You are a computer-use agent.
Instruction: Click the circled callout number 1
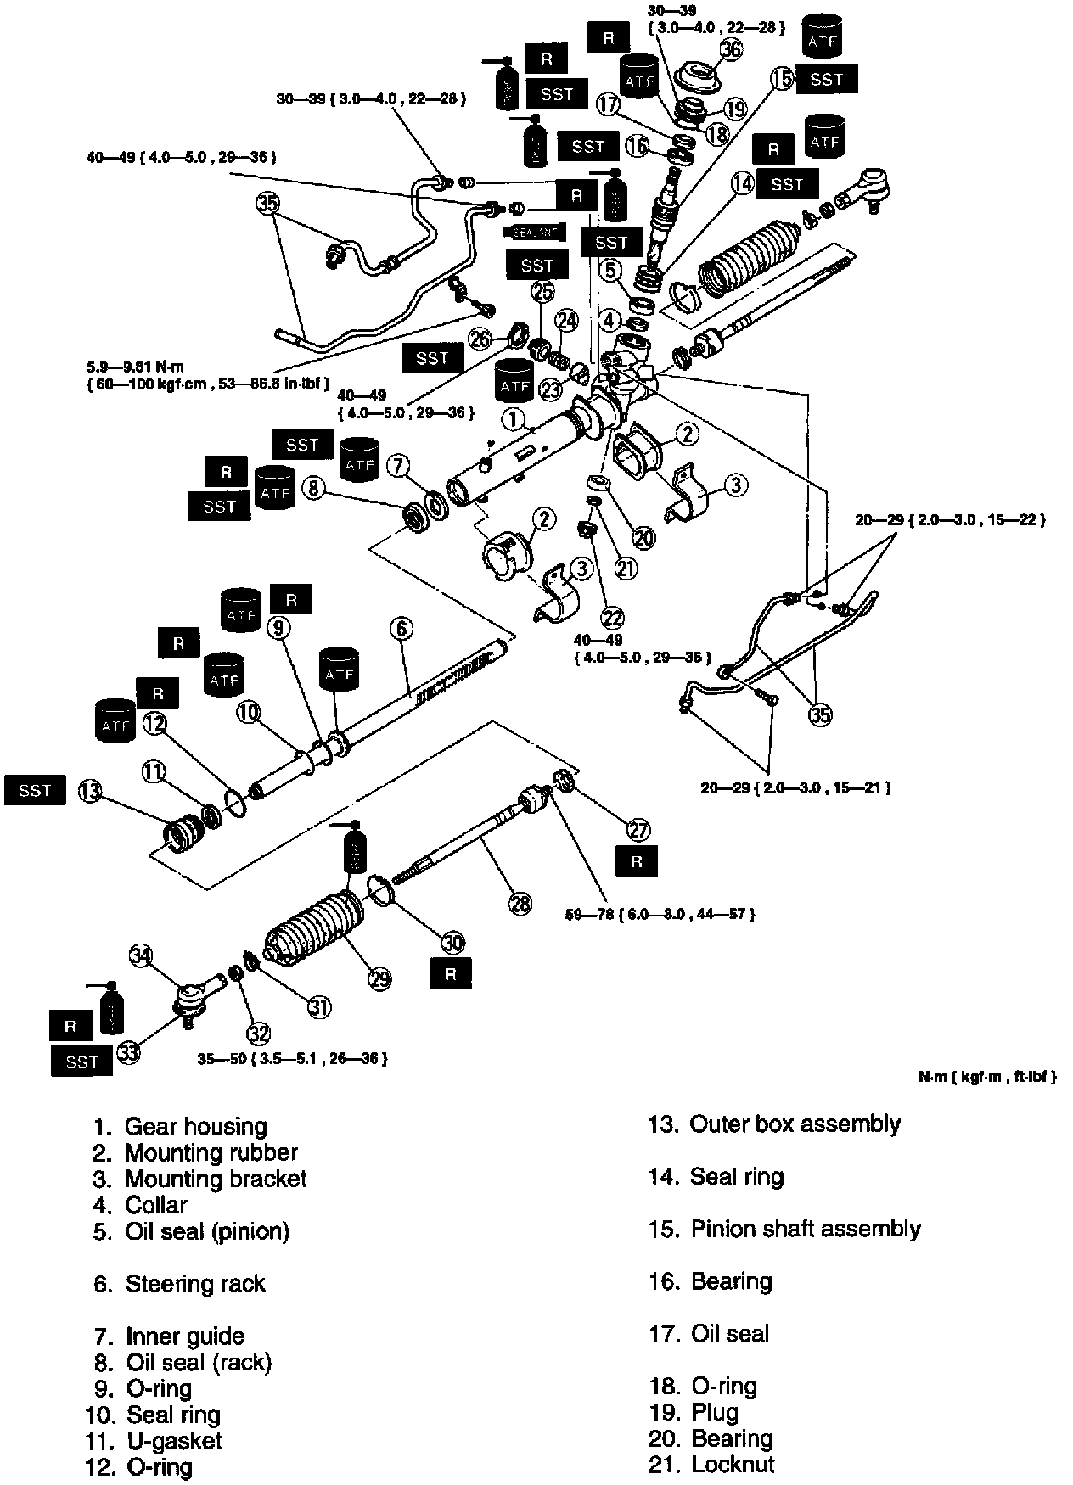pyautogui.click(x=512, y=417)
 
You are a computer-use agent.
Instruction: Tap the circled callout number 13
pyautogui.click(x=90, y=792)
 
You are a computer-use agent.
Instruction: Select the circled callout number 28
pyautogui.click(x=520, y=905)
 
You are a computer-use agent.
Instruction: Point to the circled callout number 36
pyautogui.click(x=731, y=49)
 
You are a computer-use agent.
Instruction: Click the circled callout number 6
pyautogui.click(x=402, y=629)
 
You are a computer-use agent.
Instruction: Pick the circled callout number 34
pyautogui.click(x=141, y=956)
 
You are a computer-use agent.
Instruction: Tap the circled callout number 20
pyautogui.click(x=644, y=538)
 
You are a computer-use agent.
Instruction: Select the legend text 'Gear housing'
pyautogui.click(x=195, y=1126)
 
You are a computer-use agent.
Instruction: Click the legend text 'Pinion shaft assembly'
pyautogui.click(x=806, y=1229)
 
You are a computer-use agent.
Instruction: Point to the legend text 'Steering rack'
pyautogui.click(x=195, y=1284)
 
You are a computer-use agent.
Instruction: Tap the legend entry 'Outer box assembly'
pyautogui.click(x=795, y=1124)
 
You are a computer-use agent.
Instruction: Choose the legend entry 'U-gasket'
pyautogui.click(x=174, y=1441)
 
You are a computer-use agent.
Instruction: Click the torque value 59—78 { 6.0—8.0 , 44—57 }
pyautogui.click(x=660, y=914)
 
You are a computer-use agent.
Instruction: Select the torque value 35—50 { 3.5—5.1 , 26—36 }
pyautogui.click(x=293, y=1059)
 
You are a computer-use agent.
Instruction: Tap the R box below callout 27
pyautogui.click(x=638, y=862)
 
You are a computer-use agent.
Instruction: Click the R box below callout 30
pyautogui.click(x=450, y=974)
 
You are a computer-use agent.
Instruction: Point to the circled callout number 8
pyautogui.click(x=313, y=488)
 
